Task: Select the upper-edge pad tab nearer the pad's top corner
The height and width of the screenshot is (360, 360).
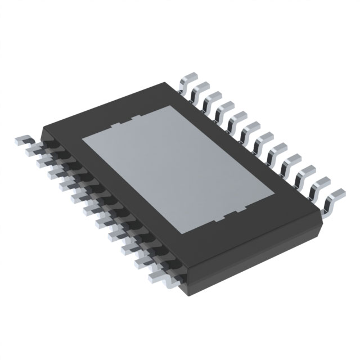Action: pos(136,116)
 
